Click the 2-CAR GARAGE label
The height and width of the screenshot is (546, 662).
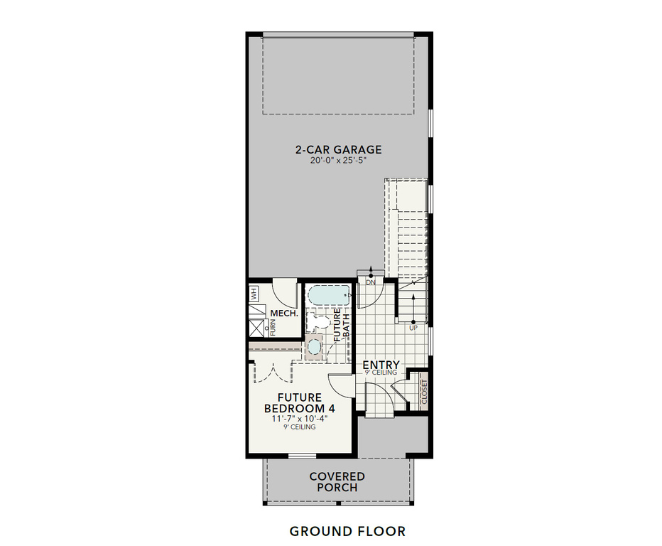click(338, 149)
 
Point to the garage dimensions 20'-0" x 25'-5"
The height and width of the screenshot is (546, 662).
click(338, 161)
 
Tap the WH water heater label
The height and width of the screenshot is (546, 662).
click(253, 294)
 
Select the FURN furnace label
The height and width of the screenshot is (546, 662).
click(272, 328)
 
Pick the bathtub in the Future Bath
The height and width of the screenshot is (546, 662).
click(328, 294)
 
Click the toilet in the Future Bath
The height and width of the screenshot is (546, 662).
click(319, 323)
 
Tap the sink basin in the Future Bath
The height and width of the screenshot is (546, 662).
click(314, 348)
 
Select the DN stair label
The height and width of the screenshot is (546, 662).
click(370, 282)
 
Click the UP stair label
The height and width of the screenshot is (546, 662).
click(413, 328)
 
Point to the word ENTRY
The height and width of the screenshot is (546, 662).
click(381, 365)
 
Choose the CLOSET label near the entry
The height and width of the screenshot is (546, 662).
click(424, 392)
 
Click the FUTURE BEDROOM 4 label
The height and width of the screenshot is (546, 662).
click(299, 403)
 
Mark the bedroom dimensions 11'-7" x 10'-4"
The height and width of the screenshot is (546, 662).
click(299, 419)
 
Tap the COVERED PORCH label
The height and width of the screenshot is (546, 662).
click(337, 482)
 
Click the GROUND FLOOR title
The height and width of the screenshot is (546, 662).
click(347, 531)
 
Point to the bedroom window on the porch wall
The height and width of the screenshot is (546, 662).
click(303, 455)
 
